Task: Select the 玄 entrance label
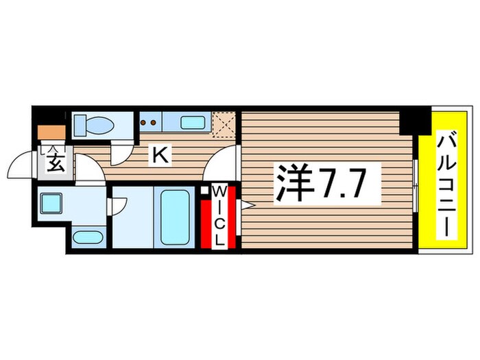point(55,164)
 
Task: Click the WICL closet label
point(219,215)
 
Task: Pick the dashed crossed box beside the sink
point(224,124)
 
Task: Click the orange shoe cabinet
point(51,132)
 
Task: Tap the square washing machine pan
point(51,204)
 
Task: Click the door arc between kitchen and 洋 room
point(221,165)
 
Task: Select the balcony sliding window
point(416,185)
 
